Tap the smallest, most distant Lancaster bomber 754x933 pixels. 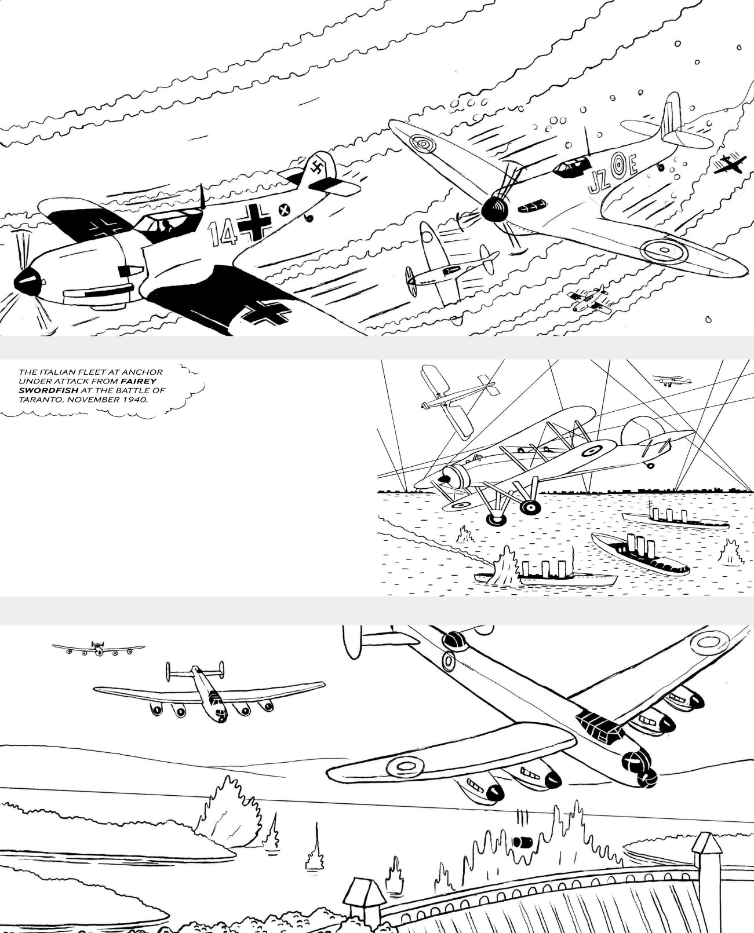(x=97, y=648)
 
